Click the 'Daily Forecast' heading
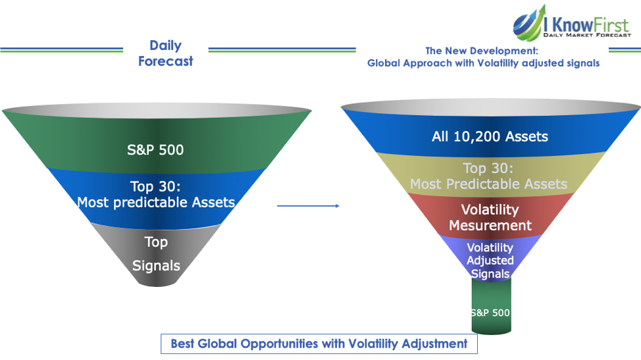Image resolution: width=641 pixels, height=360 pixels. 166,53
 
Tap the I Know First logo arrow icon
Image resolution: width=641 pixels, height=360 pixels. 529,22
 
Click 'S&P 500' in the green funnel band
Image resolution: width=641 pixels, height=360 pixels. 155,150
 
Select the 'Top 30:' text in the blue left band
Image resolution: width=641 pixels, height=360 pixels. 155,186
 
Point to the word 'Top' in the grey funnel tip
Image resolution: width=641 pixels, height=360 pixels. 156,242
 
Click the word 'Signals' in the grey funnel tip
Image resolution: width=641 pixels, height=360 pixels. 156,266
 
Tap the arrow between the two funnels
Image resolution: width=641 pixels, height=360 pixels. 308,206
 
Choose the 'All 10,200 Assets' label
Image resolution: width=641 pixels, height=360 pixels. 490,136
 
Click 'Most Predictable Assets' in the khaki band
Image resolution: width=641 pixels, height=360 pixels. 488,184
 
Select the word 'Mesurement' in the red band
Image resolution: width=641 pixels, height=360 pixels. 490,226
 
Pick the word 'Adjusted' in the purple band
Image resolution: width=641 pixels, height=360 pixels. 490,261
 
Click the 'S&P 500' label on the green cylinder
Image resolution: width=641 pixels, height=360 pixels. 490,313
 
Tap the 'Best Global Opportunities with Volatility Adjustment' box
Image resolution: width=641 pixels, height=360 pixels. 319,344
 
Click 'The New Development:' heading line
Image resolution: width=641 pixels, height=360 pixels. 482,51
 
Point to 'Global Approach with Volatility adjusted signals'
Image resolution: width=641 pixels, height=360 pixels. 483,63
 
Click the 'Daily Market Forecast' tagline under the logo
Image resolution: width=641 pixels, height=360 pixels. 587,35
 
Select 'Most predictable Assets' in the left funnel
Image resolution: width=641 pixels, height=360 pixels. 156,202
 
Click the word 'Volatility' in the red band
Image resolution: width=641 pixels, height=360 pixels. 490,210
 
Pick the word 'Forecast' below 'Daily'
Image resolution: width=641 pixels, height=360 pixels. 166,61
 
